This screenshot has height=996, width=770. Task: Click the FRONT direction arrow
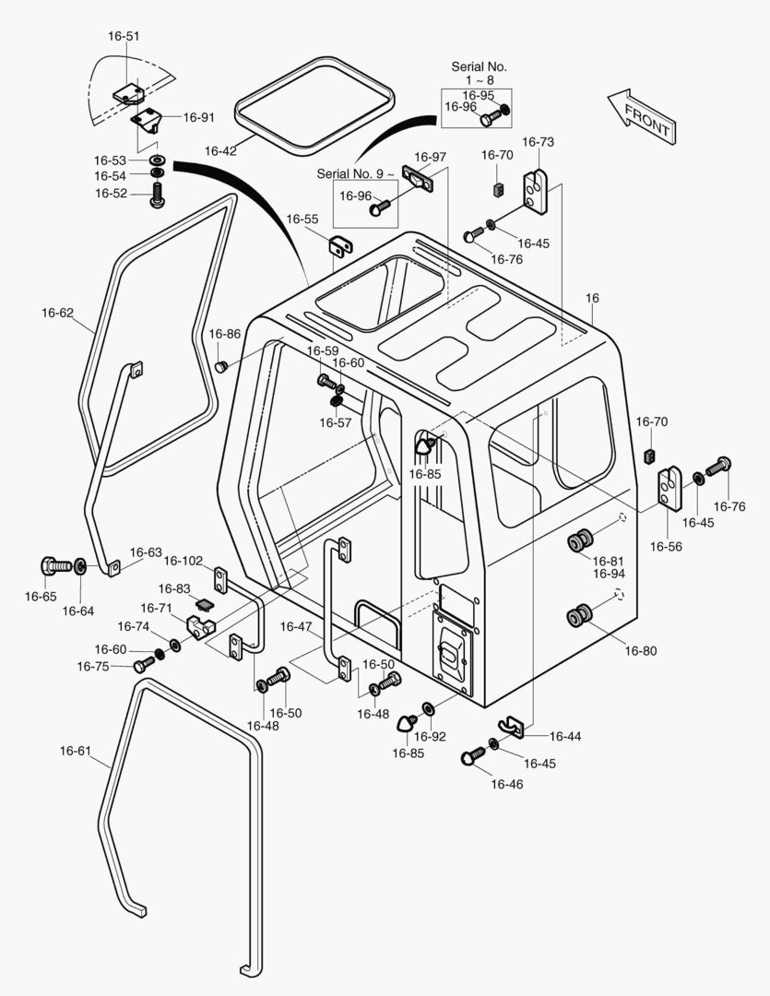coord(642,116)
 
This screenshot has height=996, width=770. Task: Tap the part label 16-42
coord(220,151)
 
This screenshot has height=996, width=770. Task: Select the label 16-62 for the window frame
coord(58,313)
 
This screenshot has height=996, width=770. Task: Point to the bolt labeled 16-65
coord(56,564)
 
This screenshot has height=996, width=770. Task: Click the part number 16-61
coord(76,751)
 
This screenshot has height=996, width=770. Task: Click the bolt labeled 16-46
coord(473,756)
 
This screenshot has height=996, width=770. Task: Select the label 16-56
coord(666,546)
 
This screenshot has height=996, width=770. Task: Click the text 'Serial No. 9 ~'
coord(355,173)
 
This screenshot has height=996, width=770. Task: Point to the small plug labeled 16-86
coord(221,366)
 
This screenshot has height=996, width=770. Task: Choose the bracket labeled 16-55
coord(342,245)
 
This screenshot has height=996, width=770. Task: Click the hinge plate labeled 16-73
coord(535,191)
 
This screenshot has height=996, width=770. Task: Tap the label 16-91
coord(199,117)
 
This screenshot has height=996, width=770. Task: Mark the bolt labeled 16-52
coord(156,195)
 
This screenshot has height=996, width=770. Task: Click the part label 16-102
coord(183,561)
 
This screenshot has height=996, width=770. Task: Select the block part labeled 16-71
coord(201,627)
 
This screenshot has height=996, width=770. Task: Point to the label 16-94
coord(609,574)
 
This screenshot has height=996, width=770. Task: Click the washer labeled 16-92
coord(428,708)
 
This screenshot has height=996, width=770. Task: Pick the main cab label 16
coord(592,298)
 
